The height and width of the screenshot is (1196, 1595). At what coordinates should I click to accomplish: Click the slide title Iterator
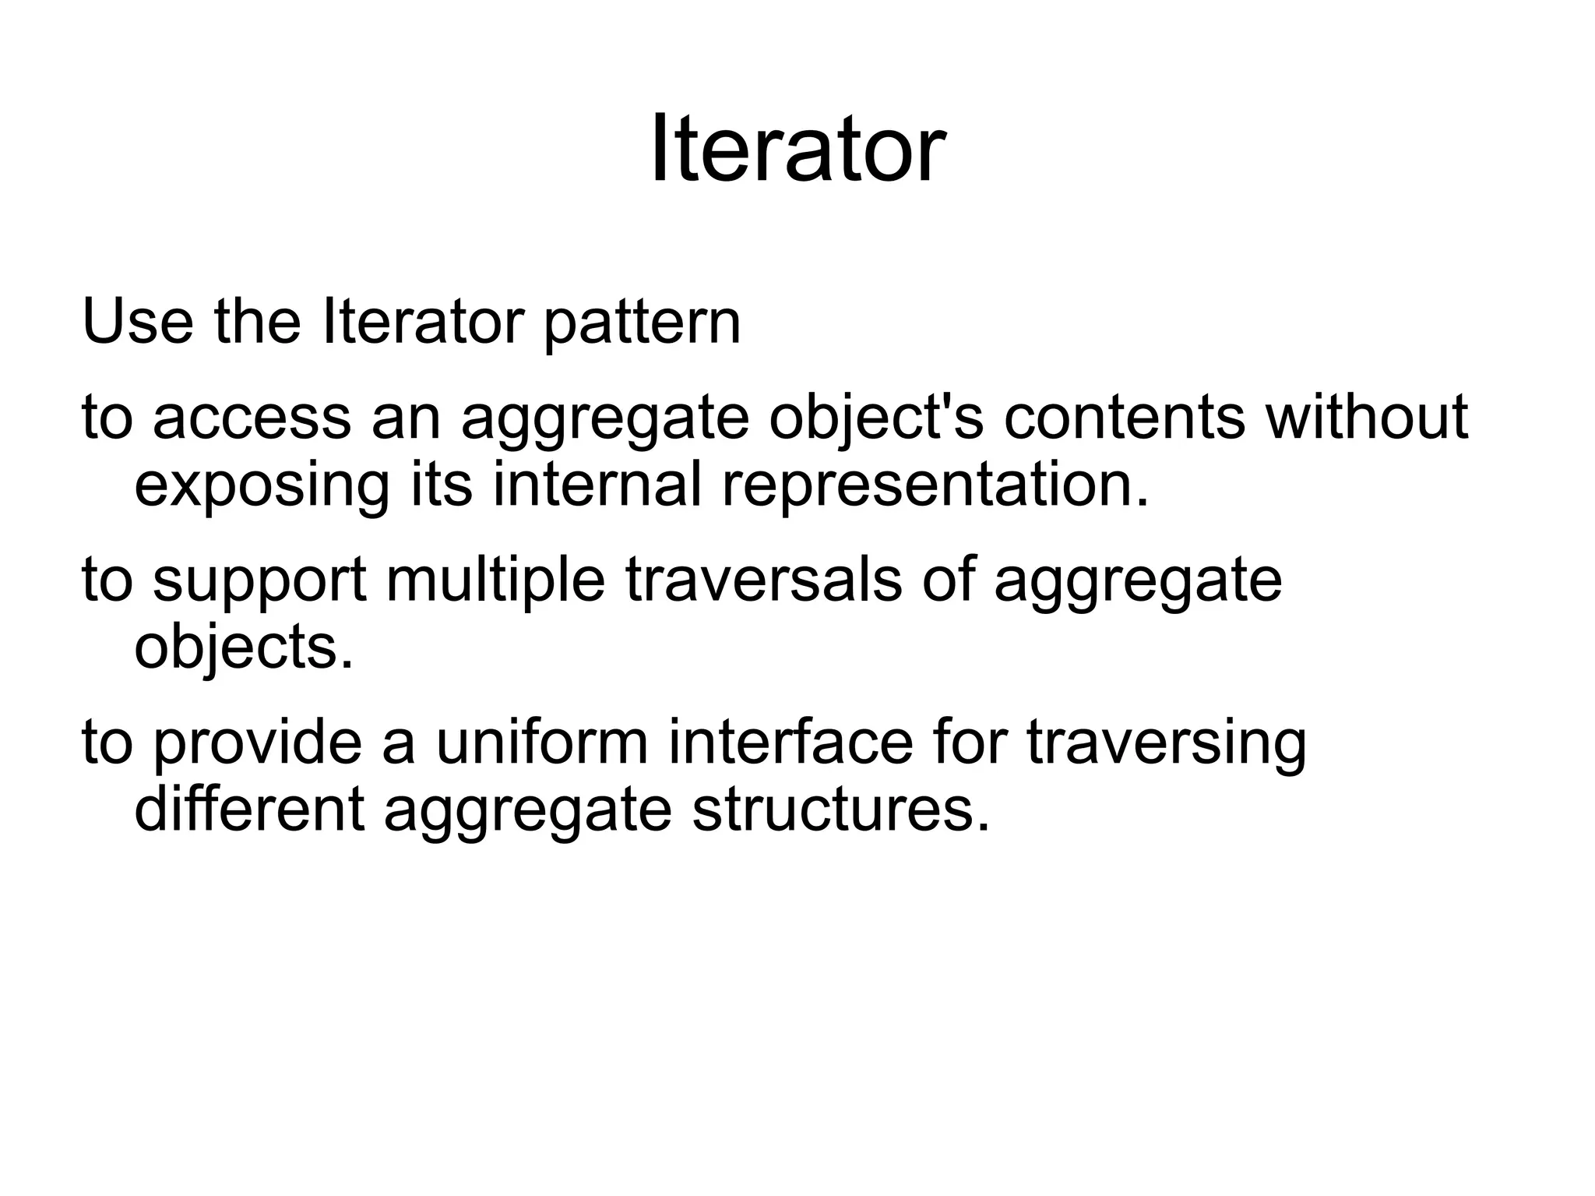pyautogui.click(x=797, y=148)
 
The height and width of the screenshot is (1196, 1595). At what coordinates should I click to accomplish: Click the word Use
pyautogui.click(x=137, y=321)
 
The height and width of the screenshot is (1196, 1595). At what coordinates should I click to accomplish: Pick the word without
pyautogui.click(x=1367, y=417)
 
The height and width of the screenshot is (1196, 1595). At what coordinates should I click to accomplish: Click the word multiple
pyautogui.click(x=495, y=581)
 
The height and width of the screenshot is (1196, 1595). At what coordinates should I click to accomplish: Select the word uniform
pyautogui.click(x=541, y=742)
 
